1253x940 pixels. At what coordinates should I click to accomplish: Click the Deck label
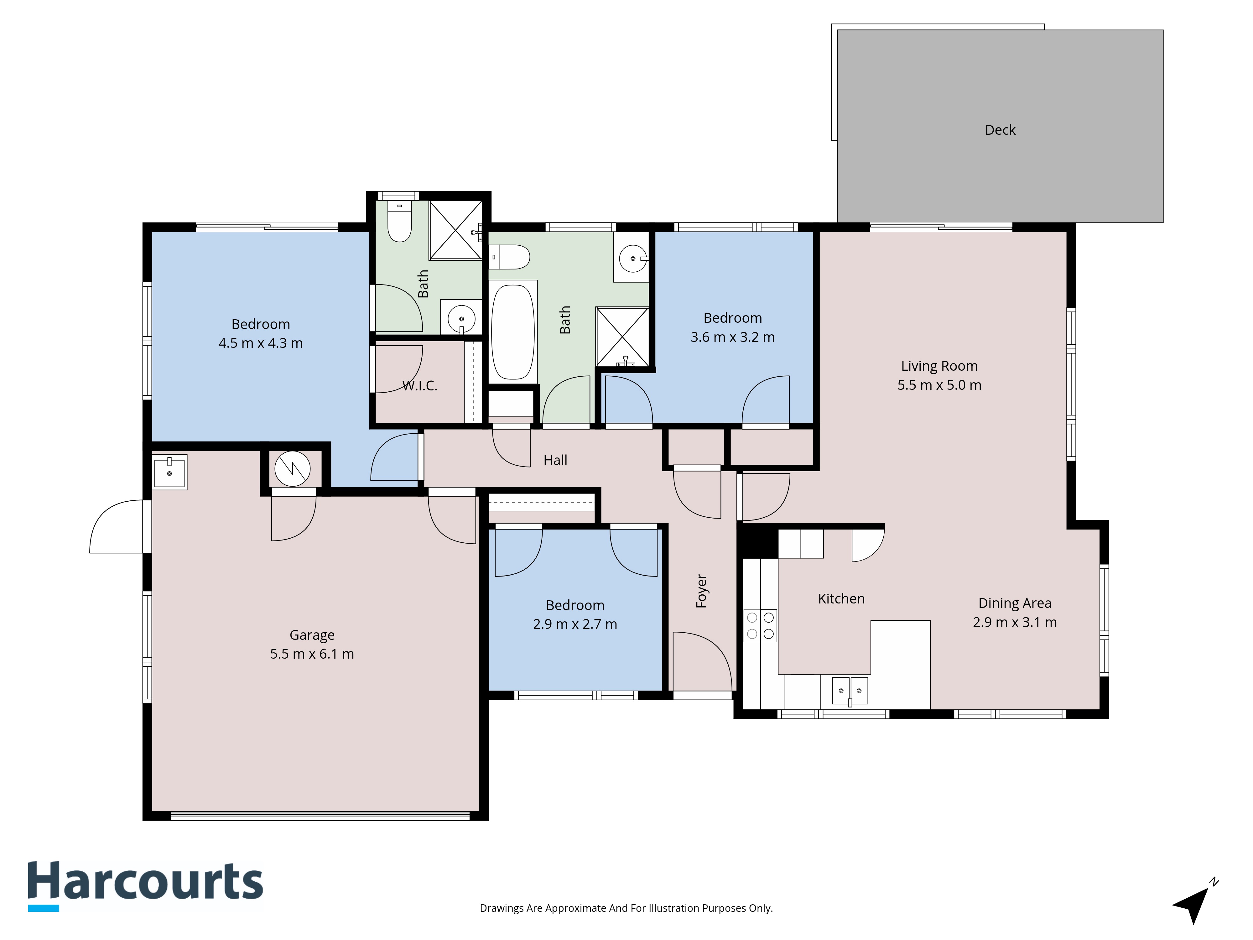1000,130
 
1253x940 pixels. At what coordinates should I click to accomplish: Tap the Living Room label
939,366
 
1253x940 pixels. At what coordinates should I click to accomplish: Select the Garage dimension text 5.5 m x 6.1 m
312,654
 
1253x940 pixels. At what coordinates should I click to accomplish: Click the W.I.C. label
420,386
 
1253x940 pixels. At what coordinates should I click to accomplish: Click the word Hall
555,460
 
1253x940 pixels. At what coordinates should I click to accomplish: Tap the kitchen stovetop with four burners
760,625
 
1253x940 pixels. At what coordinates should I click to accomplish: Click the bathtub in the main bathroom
513,332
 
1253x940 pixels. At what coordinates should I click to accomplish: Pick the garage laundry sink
169,472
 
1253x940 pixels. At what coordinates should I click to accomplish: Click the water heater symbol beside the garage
292,468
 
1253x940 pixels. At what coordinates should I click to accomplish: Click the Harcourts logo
146,885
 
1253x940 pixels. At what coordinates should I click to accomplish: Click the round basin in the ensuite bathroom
462,319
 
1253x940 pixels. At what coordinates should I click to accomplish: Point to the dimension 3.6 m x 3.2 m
732,337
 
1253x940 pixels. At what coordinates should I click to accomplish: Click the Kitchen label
841,598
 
